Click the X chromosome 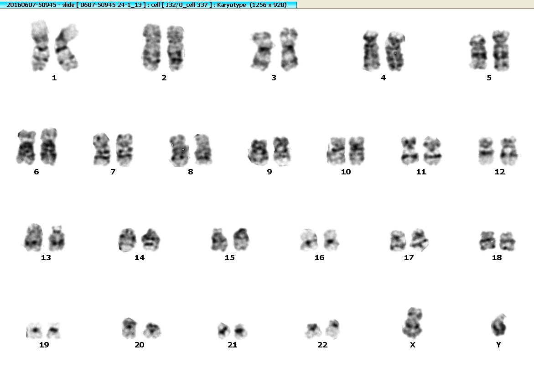tap(412, 323)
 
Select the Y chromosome tap(498, 325)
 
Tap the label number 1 tap(54, 78)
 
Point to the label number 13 tap(46, 258)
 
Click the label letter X tap(412, 345)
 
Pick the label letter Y tap(498, 345)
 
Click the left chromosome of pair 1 tap(40, 46)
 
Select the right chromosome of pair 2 tap(175, 48)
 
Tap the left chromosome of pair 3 tap(262, 51)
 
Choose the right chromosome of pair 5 tap(501, 51)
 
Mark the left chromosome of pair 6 tap(26, 147)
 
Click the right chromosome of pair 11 tap(432, 151)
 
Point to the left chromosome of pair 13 tap(33, 237)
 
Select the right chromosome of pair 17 tap(419, 240)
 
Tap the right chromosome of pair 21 tap(240, 331)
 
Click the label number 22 tap(322, 345)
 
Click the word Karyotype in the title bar tap(232, 5)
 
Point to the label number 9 tap(270, 172)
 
